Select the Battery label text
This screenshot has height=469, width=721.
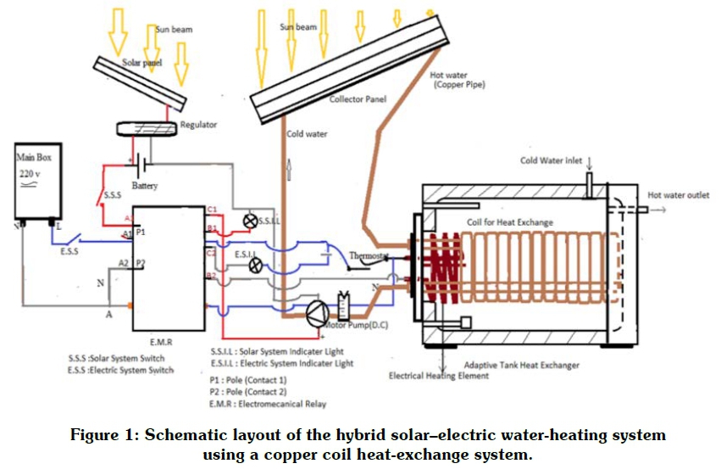145,186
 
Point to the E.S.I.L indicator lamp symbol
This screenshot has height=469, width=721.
253,265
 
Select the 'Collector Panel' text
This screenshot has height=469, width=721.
358,99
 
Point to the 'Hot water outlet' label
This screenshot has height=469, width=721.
678,195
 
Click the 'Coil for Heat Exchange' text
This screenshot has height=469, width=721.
510,222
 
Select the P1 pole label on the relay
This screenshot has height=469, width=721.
141,231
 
